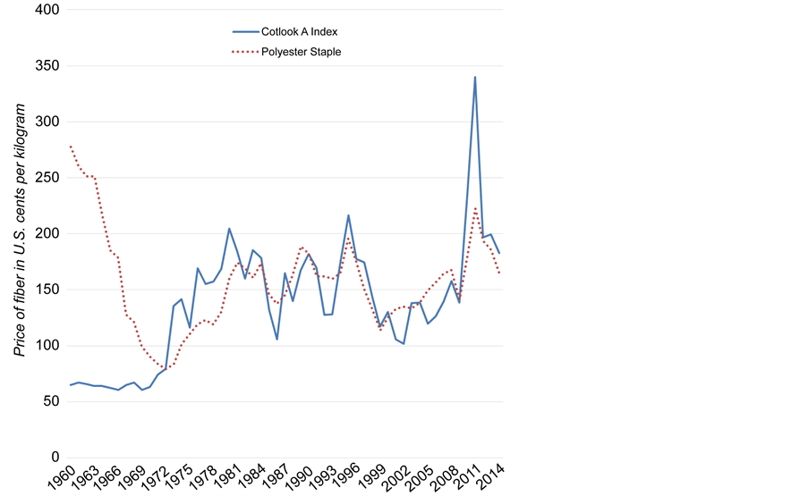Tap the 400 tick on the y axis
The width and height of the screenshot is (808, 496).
(x=43, y=10)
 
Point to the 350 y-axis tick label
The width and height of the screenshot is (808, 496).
(x=43, y=66)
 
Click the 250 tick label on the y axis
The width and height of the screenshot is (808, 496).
(x=43, y=178)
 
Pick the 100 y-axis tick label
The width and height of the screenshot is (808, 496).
(x=43, y=346)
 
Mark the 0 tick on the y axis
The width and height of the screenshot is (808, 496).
(x=53, y=458)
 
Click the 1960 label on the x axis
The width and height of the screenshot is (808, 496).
(x=63, y=477)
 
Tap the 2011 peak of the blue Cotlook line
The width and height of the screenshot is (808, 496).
(x=475, y=77)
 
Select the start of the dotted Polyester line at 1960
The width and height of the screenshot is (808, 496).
(x=70, y=146)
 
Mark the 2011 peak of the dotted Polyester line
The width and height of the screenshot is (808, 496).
(x=475, y=207)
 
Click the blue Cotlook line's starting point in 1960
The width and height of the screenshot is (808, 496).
(x=70, y=385)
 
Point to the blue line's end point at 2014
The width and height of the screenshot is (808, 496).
(x=499, y=254)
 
